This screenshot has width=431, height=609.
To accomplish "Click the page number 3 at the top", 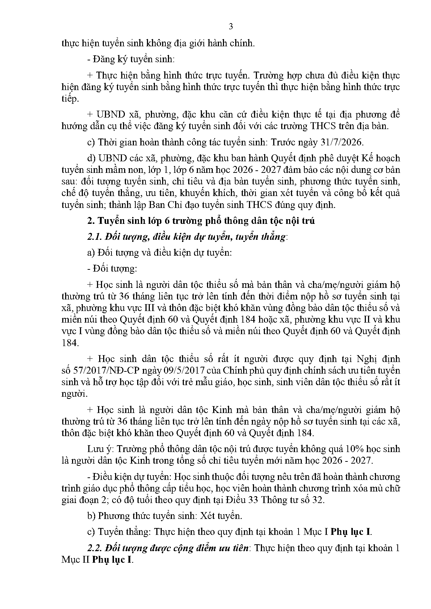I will pos(231,27).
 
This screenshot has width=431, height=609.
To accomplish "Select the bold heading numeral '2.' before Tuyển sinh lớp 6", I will pos(90,221).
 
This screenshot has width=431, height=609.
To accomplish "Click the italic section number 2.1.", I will pos(94,237).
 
